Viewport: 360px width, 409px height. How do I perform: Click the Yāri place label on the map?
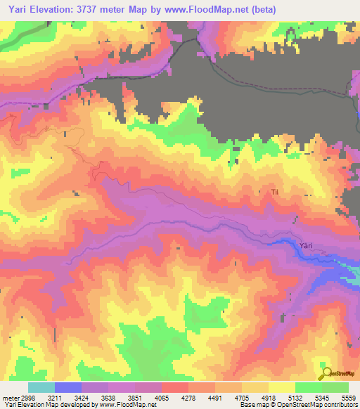pyautogui.click(x=305, y=245)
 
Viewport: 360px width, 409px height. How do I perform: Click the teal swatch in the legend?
pyautogui.click(x=41, y=387)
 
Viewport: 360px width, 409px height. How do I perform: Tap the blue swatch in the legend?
pyautogui.click(x=68, y=387)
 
